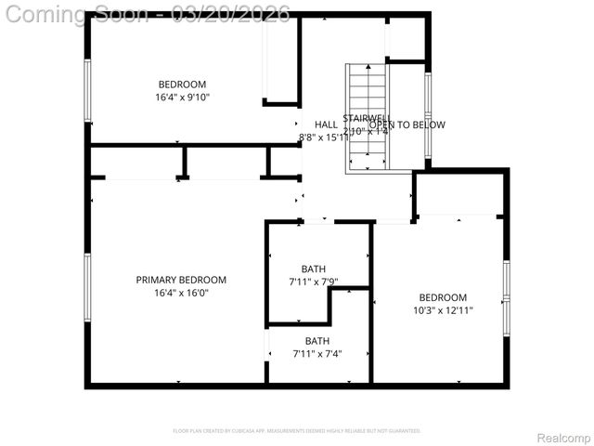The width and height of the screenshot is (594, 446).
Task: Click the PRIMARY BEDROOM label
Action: click(x=181, y=280)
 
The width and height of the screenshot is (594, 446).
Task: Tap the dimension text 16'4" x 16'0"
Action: click(x=181, y=293)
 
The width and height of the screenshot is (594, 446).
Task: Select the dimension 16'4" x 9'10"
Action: click(x=182, y=97)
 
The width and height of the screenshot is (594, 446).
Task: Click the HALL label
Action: click(x=326, y=125)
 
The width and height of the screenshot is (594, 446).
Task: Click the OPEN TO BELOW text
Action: click(x=407, y=125)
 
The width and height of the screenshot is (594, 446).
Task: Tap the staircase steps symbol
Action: click(x=368, y=116)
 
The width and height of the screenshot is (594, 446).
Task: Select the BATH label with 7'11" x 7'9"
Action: click(x=314, y=269)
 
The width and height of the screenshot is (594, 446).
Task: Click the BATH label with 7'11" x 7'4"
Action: click(x=317, y=341)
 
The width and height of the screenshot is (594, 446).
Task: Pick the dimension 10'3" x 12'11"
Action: click(x=443, y=310)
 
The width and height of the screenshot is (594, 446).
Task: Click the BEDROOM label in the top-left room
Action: click(x=182, y=85)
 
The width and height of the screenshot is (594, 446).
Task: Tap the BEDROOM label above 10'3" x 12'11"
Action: click(x=443, y=297)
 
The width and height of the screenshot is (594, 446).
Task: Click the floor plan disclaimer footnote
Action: click(x=297, y=431)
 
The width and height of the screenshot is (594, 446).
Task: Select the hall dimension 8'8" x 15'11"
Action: click(x=324, y=138)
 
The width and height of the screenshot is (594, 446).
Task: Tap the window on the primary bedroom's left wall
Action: click(x=88, y=287)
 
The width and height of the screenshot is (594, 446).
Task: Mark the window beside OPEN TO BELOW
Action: click(x=428, y=116)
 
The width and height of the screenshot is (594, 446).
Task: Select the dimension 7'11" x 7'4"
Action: click(x=317, y=354)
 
